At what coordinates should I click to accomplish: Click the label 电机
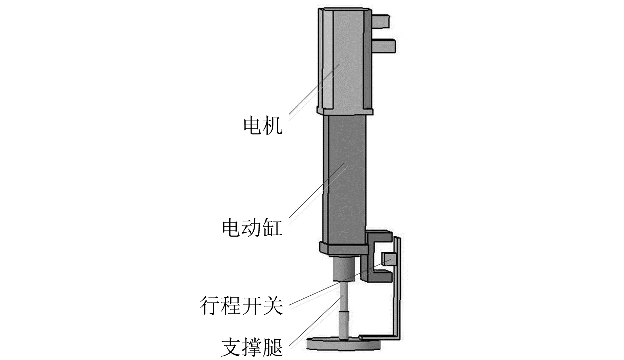[x=263, y=126]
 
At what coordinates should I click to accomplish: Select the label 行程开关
[x=241, y=305]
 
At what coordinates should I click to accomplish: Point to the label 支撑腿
[x=252, y=346]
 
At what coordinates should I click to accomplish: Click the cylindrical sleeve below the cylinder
[x=344, y=269]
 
